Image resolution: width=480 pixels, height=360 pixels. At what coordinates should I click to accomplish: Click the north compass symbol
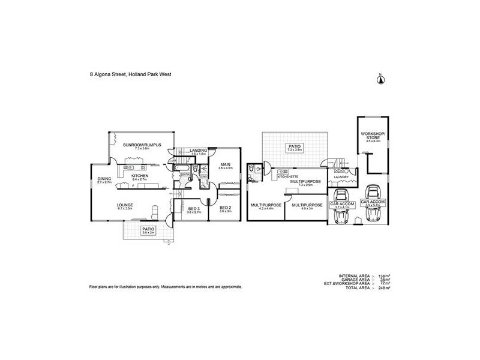(x=379, y=80)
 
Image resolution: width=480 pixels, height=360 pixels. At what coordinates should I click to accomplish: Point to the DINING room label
(x=104, y=178)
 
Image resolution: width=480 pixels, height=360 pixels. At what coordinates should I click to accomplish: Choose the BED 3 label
(x=193, y=208)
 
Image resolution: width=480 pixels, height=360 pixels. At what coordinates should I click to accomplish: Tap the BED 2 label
(x=226, y=208)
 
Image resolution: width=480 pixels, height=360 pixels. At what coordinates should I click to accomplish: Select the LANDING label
(x=199, y=151)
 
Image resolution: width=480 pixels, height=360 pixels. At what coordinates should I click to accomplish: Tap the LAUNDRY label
(x=342, y=176)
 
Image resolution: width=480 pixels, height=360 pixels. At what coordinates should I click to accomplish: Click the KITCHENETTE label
(x=287, y=176)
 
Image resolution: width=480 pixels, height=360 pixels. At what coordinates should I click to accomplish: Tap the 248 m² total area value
(x=385, y=289)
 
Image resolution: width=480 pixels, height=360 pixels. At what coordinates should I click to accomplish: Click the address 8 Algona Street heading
(x=129, y=76)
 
